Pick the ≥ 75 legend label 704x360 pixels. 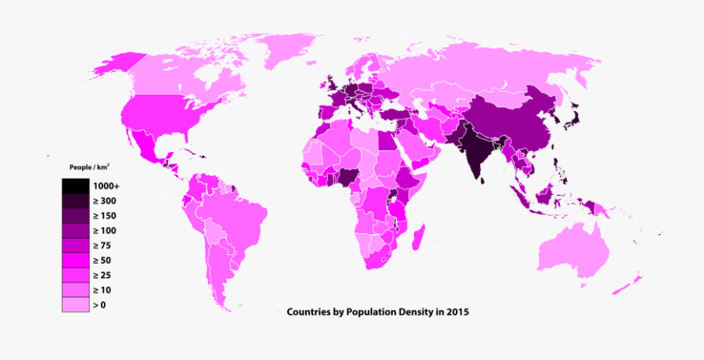pyautogui.click(x=102, y=245)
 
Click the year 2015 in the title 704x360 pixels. pyautogui.click(x=457, y=311)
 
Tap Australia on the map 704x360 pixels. pyautogui.click(x=575, y=250)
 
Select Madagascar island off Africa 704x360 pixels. pyautogui.click(x=418, y=235)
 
